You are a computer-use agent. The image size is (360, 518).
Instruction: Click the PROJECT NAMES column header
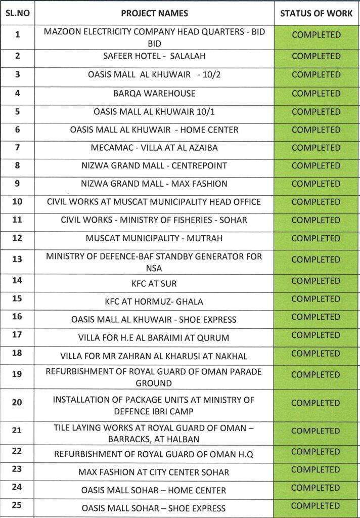(154, 13)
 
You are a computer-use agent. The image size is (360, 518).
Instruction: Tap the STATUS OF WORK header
(317, 13)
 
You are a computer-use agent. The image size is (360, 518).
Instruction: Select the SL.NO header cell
(17, 13)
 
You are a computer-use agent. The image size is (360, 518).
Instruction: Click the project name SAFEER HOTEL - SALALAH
(154, 56)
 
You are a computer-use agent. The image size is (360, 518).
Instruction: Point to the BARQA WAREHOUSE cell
(154, 94)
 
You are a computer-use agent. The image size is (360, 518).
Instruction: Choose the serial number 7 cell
(17, 148)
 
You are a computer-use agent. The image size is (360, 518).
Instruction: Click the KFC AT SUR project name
(154, 283)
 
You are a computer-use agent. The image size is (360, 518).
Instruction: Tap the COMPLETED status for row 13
(317, 260)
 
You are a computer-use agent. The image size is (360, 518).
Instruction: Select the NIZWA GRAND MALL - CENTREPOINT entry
(154, 166)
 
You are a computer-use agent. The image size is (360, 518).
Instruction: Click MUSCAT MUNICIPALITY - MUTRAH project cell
(154, 238)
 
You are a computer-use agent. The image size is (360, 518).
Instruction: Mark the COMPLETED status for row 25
(317, 506)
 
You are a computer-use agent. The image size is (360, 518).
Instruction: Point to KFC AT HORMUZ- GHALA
(154, 301)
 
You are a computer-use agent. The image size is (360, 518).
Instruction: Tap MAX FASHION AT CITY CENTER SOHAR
(154, 472)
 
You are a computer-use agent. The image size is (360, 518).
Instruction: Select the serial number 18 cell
(17, 353)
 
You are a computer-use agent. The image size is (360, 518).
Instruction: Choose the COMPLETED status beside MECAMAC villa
(317, 148)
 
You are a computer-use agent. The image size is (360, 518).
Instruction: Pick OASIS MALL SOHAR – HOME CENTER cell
(154, 490)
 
